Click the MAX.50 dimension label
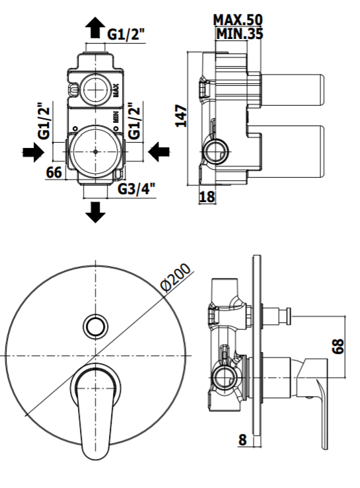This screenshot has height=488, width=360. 238,20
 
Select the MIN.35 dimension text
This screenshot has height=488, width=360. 240,34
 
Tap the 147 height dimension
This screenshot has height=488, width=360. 181,116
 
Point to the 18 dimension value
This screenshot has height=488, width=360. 207,196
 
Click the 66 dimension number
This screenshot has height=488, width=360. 54,172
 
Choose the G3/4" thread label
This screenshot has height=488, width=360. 136,190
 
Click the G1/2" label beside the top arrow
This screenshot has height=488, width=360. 126,34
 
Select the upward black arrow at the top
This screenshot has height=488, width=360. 95,27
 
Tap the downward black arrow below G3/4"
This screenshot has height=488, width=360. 95,212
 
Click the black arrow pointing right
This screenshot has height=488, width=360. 33,152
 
